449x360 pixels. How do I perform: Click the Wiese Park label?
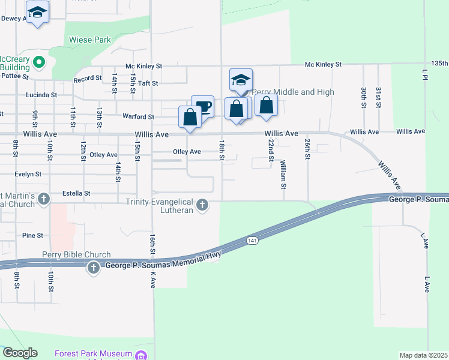point(90,40)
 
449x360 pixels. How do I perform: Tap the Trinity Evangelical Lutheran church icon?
point(203,205)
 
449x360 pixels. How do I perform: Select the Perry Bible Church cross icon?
point(93,268)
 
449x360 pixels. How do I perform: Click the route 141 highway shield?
point(252,240)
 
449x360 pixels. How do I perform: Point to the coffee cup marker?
point(204,107)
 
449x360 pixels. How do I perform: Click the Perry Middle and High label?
point(292,92)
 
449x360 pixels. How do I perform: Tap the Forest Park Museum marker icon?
point(141,355)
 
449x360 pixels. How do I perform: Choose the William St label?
point(282,174)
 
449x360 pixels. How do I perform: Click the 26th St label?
point(307,149)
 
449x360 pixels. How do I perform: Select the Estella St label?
point(76,194)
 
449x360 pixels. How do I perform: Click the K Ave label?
point(153,279)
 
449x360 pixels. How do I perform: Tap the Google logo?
point(20,353)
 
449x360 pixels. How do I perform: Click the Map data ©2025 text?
point(423,355)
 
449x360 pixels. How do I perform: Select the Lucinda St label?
point(41,95)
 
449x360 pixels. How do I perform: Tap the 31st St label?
point(378,97)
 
